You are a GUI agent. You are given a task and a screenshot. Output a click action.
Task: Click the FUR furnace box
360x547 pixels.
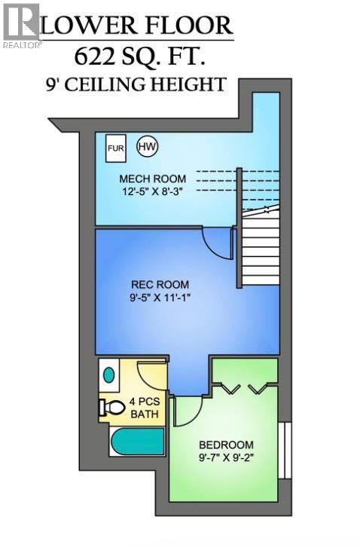click(115, 148)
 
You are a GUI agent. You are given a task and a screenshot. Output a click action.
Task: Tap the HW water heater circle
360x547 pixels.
click(147, 147)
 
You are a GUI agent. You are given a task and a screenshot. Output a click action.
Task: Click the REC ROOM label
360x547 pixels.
click(160, 284)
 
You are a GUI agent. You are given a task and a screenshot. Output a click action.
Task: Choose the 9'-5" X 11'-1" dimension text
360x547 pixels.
click(160, 298)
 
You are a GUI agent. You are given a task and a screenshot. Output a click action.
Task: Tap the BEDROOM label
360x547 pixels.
click(226, 445)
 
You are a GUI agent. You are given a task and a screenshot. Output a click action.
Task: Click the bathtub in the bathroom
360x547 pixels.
click(136, 442)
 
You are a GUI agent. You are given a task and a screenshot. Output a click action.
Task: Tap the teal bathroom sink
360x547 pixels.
click(109, 374)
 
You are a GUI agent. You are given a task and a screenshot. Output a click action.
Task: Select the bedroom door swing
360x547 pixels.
click(188, 411)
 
